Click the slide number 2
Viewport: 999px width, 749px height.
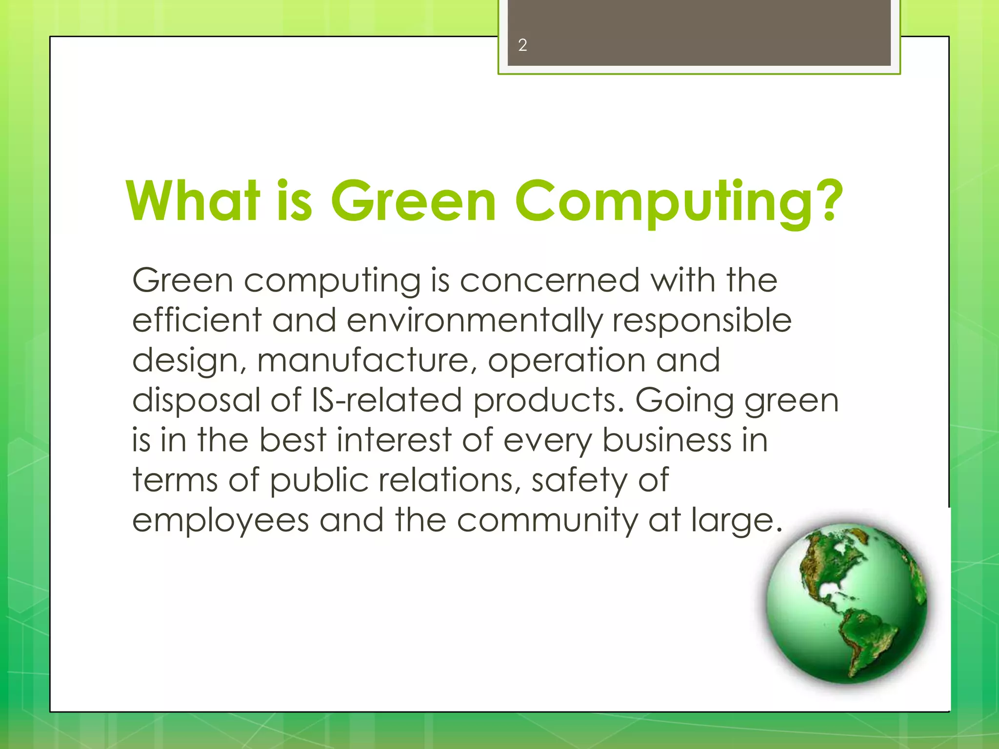pos(522,45)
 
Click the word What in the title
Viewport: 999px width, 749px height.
pos(193,201)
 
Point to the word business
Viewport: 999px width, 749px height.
pos(666,440)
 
